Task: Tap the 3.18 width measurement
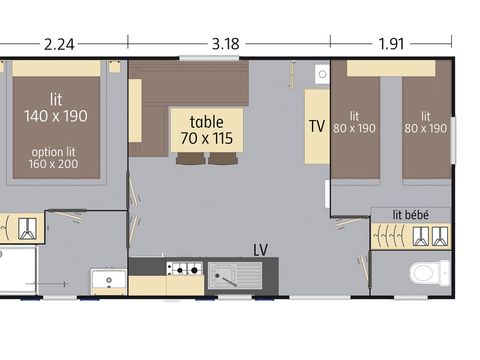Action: click(227, 44)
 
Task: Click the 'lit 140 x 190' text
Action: click(55, 107)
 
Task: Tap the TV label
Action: click(317, 127)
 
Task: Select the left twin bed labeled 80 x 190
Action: click(356, 122)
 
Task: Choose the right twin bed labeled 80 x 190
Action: click(426, 122)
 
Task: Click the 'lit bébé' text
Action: click(410, 214)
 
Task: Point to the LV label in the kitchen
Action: click(261, 248)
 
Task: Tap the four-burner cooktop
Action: click(183, 269)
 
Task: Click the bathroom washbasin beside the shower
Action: click(106, 278)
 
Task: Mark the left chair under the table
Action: click(190, 157)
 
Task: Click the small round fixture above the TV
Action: click(321, 74)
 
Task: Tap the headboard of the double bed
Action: click(56, 68)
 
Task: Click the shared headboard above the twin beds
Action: click(391, 68)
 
